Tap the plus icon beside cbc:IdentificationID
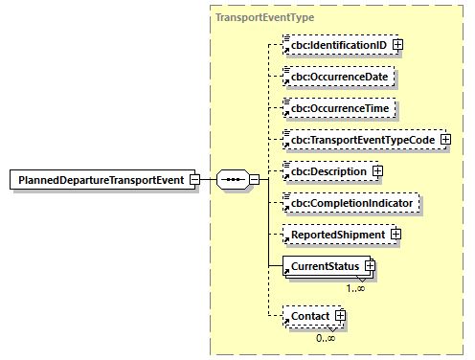pos(397,44)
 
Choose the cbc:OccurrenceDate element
pos(340,76)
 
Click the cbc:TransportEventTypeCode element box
pos(360,140)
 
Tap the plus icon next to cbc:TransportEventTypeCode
pos(444,140)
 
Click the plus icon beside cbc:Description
pos(376,171)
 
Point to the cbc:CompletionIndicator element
pos(352,203)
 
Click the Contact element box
pos(308,315)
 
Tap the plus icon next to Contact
pos(338,315)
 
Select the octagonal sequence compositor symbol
pos(233,179)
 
